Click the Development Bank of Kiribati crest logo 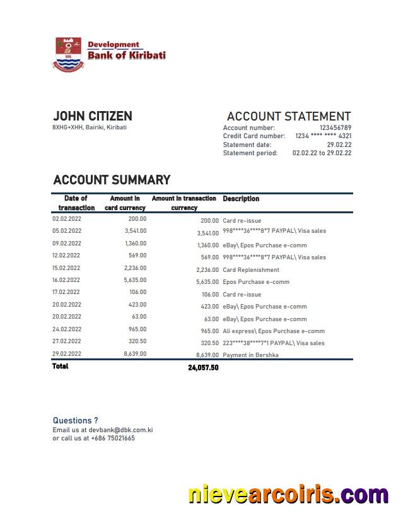pos(69,54)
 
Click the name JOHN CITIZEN pos(93,116)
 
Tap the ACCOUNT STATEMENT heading pos(288,116)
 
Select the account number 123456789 pos(335,128)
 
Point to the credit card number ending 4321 pos(323,136)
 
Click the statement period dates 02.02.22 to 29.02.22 pos(322,153)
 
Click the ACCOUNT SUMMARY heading pos(112,180)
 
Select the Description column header pos(241,199)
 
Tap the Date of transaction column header pos(76,203)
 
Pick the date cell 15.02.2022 pos(67,268)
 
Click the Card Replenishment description pos(251,270)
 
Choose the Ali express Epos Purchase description pos(274,331)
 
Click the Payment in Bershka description pos(250,355)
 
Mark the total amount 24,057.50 pos(203,368)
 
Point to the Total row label pos(61,367)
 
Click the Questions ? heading pos(75,420)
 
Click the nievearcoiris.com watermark pos(288,495)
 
